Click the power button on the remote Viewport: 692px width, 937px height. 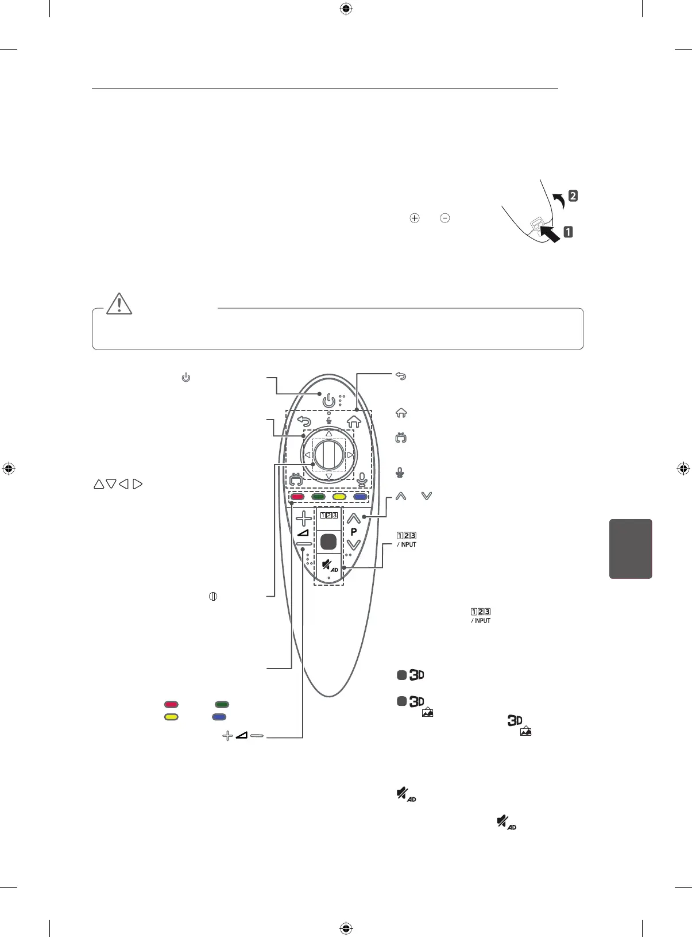point(328,400)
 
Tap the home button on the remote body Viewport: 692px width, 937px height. point(354,421)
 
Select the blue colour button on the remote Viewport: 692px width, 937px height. point(360,497)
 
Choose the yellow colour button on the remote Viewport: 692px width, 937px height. point(339,497)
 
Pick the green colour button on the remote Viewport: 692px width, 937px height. point(318,497)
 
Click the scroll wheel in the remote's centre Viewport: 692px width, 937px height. point(329,455)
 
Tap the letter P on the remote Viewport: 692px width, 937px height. point(354,532)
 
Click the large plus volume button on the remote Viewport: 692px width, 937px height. point(304,519)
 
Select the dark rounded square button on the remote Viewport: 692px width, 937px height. point(328,542)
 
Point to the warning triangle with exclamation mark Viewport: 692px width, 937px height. point(119,304)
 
